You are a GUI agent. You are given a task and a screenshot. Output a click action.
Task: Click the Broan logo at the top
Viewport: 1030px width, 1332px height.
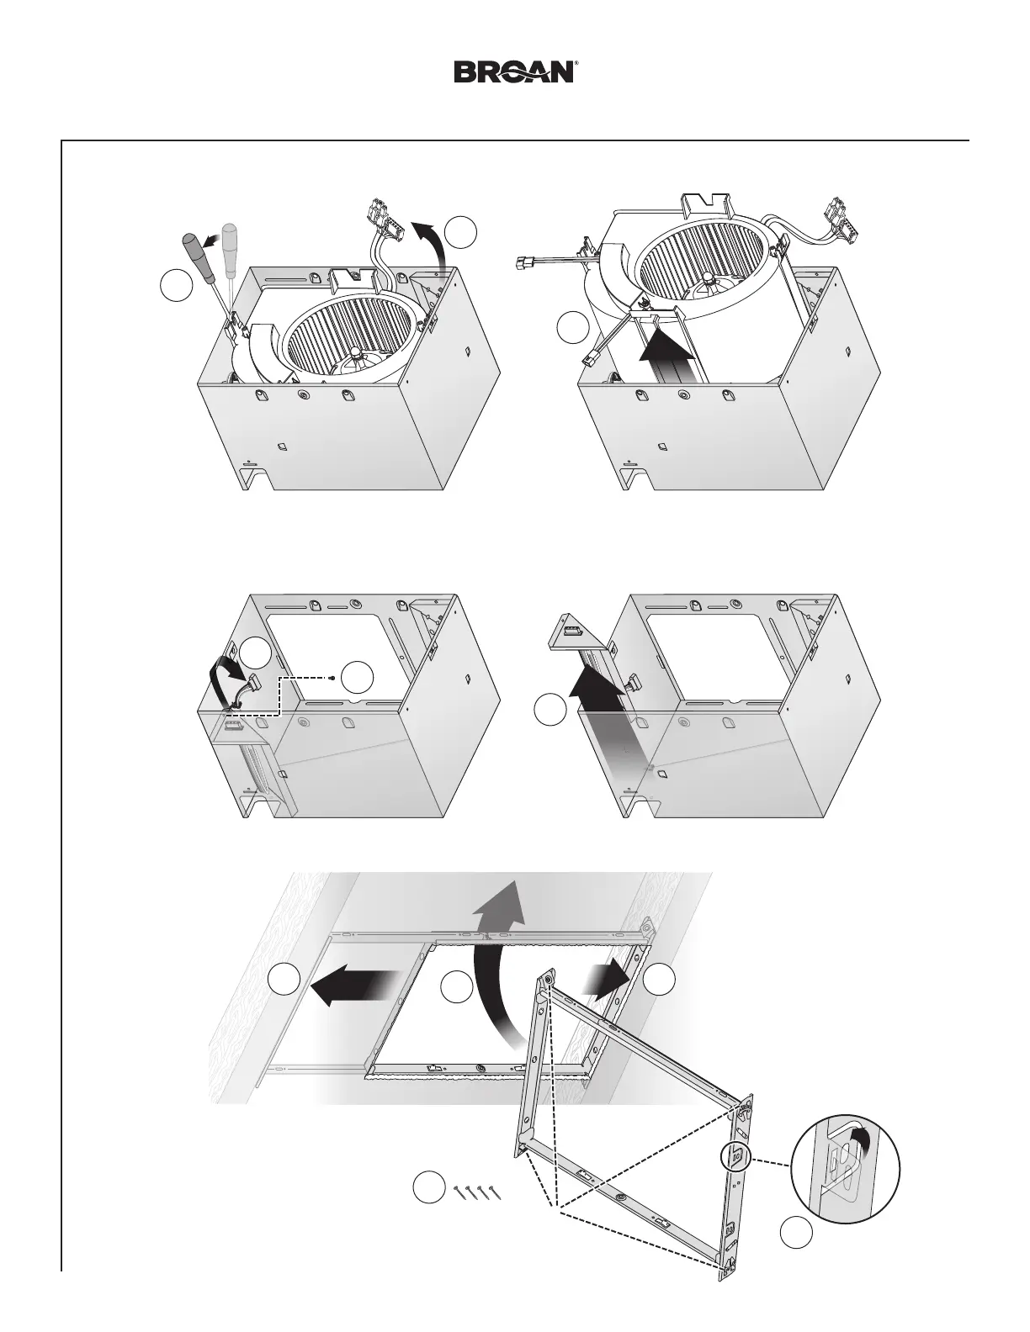515,71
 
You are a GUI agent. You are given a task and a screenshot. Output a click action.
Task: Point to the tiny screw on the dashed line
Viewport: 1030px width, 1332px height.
332,677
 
